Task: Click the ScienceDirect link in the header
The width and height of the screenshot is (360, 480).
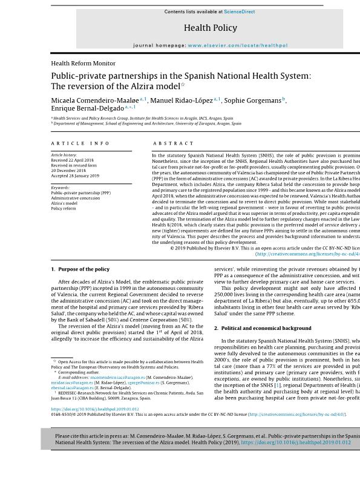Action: (240, 12)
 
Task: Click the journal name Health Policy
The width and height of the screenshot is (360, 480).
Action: (211, 28)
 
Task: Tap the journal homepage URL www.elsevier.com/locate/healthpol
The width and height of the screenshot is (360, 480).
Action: (238, 45)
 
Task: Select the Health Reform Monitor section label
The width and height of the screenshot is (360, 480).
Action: (83, 63)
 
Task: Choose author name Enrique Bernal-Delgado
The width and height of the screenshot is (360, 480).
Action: (87, 108)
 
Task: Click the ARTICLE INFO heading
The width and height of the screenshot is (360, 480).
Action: (80, 143)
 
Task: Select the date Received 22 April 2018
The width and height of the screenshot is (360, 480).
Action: (76, 160)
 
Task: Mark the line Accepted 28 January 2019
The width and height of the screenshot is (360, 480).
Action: (75, 176)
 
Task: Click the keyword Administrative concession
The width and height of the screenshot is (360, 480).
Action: (76, 198)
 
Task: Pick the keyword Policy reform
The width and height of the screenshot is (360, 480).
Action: (64, 208)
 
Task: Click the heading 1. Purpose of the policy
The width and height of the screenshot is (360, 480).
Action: (80, 269)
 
